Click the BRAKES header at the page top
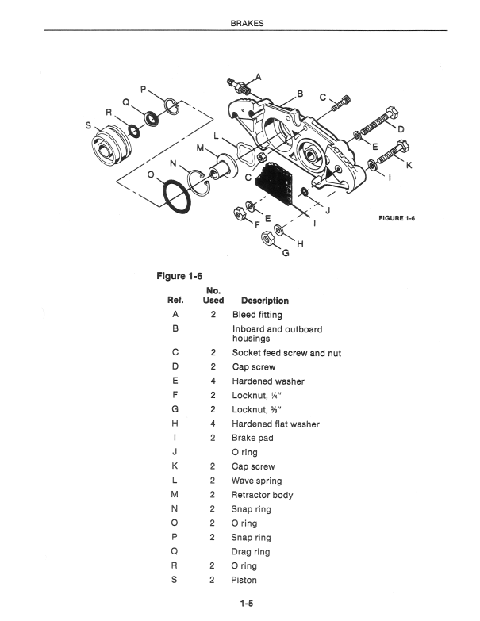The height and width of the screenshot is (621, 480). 247,23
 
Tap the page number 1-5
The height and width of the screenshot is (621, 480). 247,603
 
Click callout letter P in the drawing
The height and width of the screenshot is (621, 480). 143,90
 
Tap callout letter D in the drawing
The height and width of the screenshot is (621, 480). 401,128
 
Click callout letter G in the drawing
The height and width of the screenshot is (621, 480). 286,255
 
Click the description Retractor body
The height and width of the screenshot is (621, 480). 262,495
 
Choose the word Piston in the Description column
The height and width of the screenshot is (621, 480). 244,581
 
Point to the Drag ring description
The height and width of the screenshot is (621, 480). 251,552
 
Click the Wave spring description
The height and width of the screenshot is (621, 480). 256,481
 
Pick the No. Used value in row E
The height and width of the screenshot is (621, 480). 213,381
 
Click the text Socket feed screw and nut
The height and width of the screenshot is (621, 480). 286,353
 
